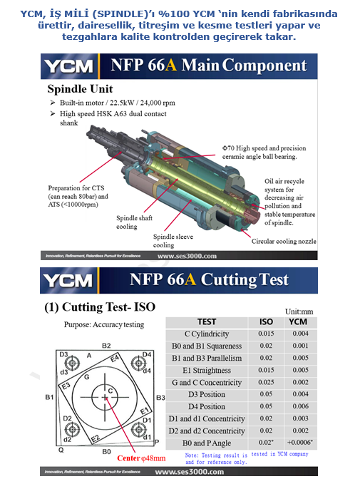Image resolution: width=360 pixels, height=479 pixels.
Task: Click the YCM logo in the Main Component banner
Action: [68, 66]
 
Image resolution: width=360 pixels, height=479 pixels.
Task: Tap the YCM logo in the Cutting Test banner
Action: [68, 280]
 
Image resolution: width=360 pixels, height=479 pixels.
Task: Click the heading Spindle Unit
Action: [80, 89]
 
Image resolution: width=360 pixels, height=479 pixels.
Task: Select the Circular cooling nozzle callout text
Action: [284, 242]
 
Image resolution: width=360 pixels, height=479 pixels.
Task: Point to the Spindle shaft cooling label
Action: [134, 222]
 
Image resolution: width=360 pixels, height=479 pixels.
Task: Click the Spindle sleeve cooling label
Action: [173, 241]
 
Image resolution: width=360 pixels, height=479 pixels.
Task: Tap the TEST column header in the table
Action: [207, 322]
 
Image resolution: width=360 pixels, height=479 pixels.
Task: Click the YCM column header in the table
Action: [298, 322]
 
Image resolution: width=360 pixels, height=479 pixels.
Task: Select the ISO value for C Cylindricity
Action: [266, 334]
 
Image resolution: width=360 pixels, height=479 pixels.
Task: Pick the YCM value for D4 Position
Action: [300, 406]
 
